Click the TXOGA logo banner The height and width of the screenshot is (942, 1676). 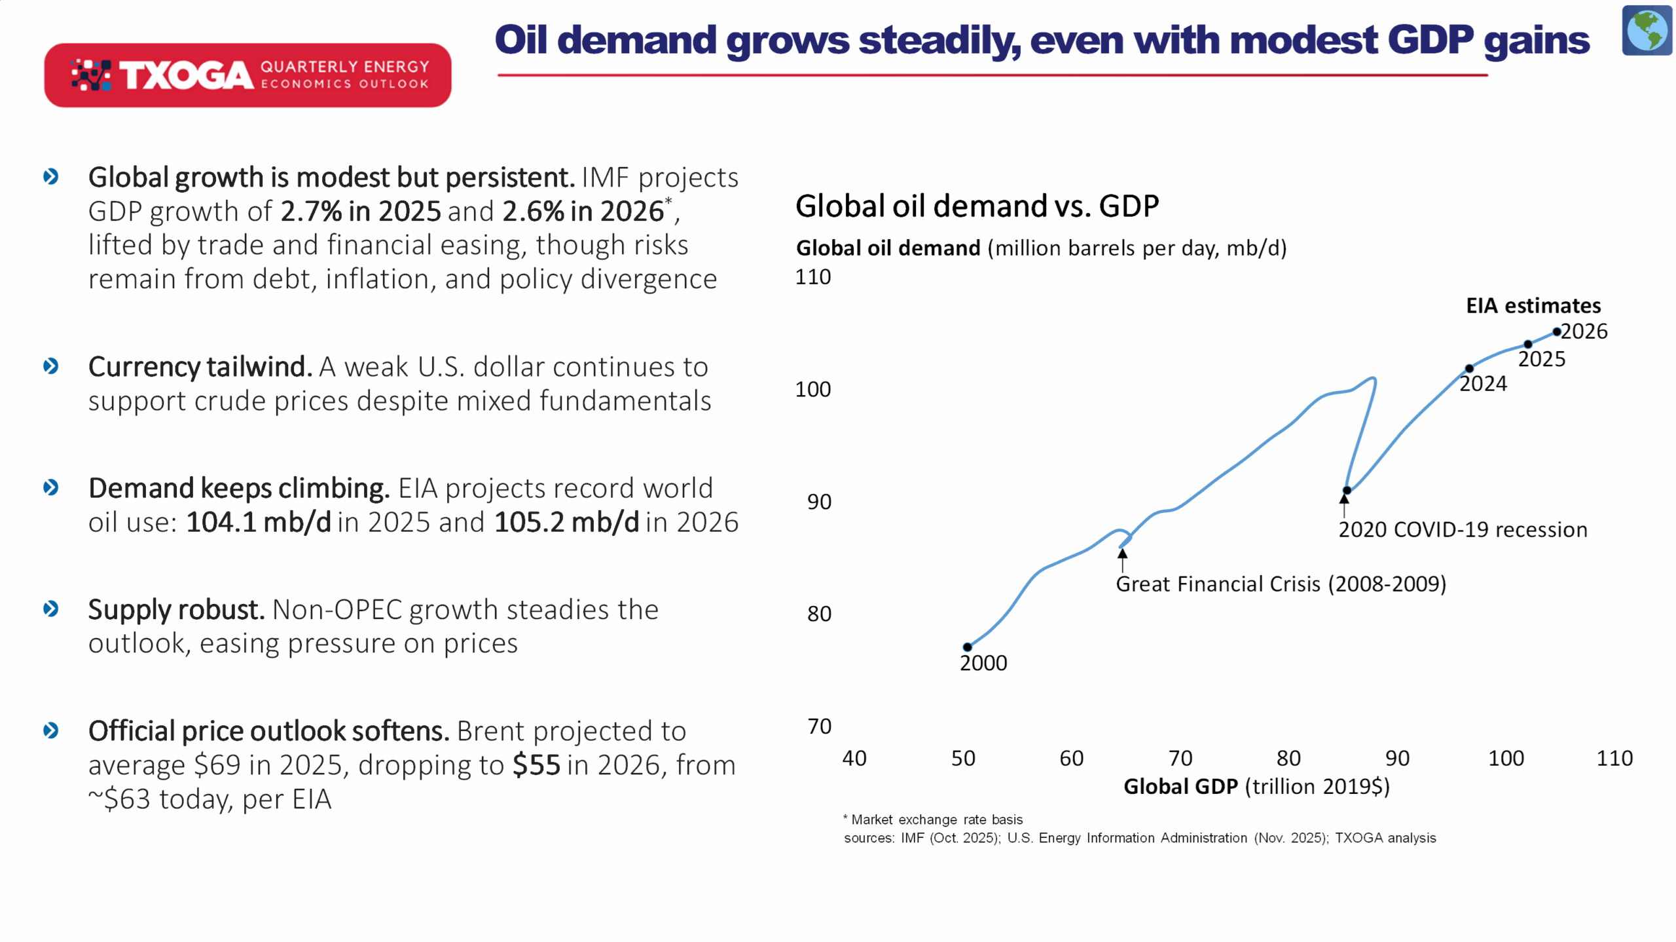pos(247,75)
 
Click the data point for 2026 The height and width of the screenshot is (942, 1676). pos(1556,331)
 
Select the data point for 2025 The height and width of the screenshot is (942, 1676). pos(1527,344)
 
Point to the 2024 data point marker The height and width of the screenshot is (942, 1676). pos(1469,368)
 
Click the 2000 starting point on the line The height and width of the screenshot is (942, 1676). pos(967,647)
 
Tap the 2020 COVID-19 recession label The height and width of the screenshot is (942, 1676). pos(1462,529)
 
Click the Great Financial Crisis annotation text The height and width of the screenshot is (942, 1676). pos(1280,584)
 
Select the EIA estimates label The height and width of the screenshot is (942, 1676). pos(1533,305)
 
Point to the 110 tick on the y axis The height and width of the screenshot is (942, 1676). pos(812,277)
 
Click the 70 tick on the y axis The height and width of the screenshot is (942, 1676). pos(818,726)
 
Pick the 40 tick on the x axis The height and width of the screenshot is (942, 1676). pos(854,758)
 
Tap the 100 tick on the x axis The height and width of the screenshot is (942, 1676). pos(1505,758)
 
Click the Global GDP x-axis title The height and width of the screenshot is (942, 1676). pos(1256,786)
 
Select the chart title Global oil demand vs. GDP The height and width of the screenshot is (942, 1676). pos(977,206)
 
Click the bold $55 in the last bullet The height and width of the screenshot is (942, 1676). pos(536,764)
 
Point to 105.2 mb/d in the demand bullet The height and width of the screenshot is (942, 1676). pos(566,522)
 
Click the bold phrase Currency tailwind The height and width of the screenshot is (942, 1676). pos(200,367)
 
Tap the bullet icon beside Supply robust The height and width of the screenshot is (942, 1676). pos(50,609)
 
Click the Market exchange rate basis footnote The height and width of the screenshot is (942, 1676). pos(936,820)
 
